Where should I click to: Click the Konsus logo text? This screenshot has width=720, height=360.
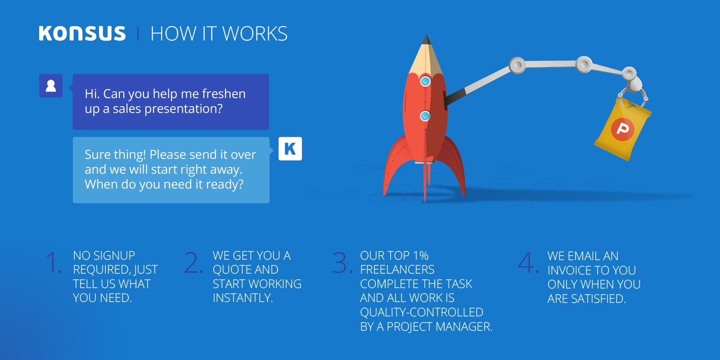point(82,33)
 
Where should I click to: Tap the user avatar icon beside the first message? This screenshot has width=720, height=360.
point(51,86)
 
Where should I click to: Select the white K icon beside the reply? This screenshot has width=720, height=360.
point(290,148)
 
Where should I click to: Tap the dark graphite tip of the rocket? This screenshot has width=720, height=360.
point(426,40)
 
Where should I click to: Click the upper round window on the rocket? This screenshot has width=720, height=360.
point(425,81)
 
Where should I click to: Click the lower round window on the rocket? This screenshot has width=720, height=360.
point(425,115)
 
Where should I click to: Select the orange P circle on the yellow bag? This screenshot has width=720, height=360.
point(622,129)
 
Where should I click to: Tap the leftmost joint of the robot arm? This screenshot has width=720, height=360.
point(517,66)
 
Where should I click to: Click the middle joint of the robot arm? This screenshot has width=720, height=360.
point(584,64)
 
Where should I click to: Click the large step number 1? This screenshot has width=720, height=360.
point(53,263)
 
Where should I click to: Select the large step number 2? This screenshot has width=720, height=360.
point(193,263)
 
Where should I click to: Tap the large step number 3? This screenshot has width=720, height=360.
point(342,263)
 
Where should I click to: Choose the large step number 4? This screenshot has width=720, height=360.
point(528,263)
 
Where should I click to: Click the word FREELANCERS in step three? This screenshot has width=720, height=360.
point(397,270)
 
